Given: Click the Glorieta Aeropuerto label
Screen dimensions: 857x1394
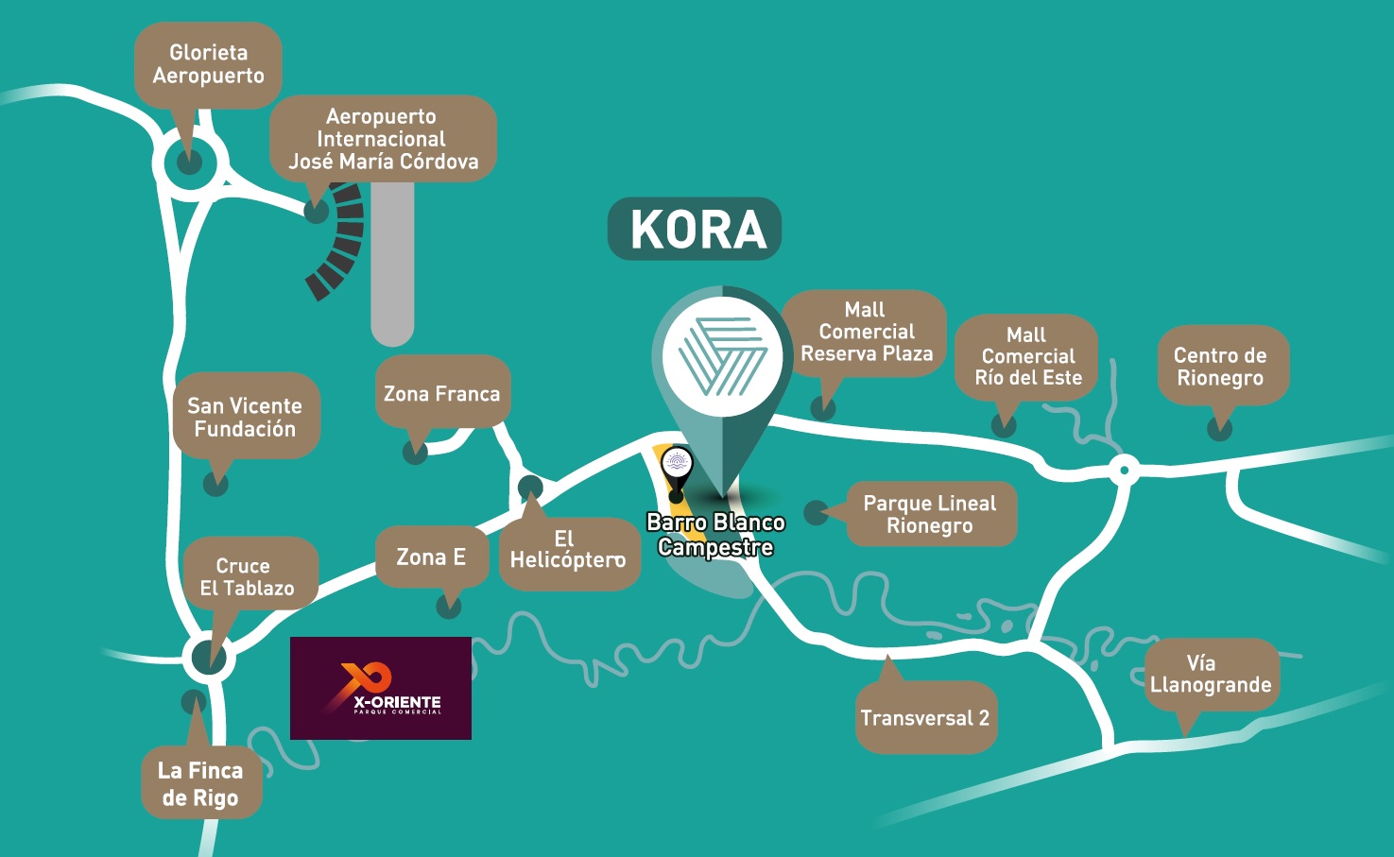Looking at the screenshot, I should [208, 64].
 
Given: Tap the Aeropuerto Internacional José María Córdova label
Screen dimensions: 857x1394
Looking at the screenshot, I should [383, 139].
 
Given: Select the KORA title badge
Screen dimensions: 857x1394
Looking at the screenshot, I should [695, 229].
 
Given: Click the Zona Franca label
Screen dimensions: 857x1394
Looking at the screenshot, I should [441, 393].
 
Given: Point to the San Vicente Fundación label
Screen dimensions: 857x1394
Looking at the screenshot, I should [246, 417].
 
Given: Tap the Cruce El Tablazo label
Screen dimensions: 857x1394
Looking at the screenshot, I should [248, 575].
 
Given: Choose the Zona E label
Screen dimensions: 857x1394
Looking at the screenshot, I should [431, 557].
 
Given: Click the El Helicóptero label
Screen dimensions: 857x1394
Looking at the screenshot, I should [567, 550].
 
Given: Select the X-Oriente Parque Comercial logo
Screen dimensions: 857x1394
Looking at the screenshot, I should [380, 688].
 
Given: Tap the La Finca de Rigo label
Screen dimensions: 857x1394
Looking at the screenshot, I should [200, 783].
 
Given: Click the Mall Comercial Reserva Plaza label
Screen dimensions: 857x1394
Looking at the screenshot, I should [866, 332].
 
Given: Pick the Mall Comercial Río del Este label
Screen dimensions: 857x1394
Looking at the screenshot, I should [1027, 356].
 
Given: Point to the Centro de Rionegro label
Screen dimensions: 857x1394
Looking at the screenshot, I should [1220, 367].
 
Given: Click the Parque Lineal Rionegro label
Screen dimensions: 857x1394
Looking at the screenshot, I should [930, 515].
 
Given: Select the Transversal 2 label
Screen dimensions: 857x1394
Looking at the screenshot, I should [925, 718].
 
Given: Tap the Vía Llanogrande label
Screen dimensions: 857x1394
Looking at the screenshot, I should [1211, 674].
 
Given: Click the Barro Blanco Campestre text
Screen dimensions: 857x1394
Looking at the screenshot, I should [715, 535].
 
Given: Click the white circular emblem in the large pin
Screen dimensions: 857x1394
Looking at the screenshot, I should [723, 358].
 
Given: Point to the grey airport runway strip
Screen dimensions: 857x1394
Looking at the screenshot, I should [392, 265].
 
